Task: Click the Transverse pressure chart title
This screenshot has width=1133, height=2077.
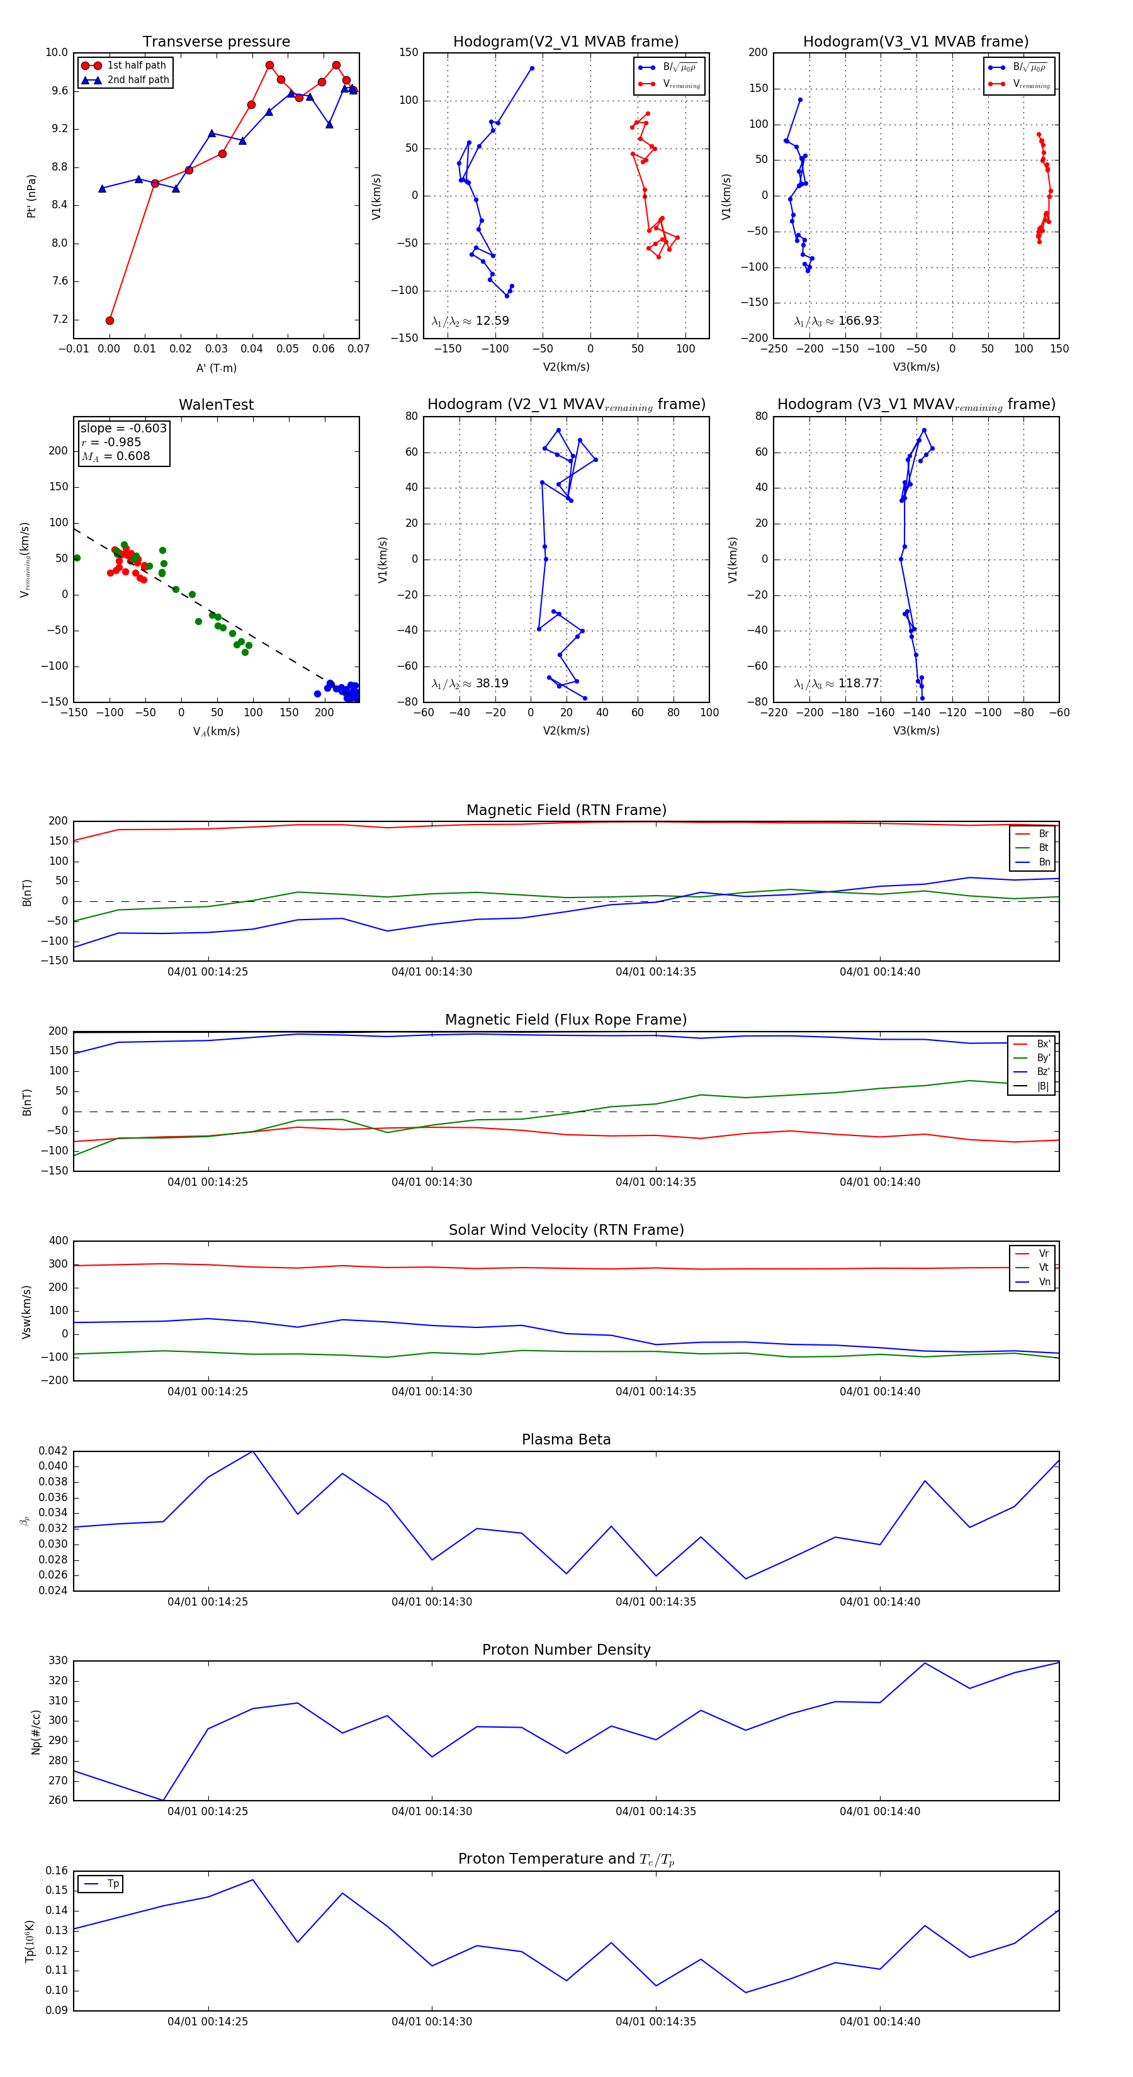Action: [x=216, y=42]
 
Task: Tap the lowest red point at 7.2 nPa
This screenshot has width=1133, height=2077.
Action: [x=110, y=320]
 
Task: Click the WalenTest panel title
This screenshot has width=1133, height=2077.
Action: [x=216, y=405]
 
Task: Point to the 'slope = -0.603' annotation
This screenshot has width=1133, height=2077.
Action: [x=123, y=428]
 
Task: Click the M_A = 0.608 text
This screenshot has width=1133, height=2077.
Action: [x=115, y=456]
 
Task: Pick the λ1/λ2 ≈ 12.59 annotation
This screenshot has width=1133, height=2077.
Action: [x=470, y=321]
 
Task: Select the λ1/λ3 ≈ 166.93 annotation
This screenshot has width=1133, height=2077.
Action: [x=837, y=321]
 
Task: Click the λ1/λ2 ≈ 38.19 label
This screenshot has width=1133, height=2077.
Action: [x=470, y=684]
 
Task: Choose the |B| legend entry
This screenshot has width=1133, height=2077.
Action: [x=1042, y=1086]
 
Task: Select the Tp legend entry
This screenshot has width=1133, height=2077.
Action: [x=112, y=1884]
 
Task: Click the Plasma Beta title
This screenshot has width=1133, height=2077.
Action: [x=566, y=1439]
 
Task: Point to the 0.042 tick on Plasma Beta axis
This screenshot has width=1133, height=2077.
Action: [x=54, y=1451]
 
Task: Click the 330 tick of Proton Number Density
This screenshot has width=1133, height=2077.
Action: [x=58, y=1660]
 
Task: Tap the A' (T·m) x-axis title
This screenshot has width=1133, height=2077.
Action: [x=216, y=368]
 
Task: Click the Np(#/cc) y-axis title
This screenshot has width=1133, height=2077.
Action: [x=35, y=1731]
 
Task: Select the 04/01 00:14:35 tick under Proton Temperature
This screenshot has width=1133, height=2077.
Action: [x=656, y=2022]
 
